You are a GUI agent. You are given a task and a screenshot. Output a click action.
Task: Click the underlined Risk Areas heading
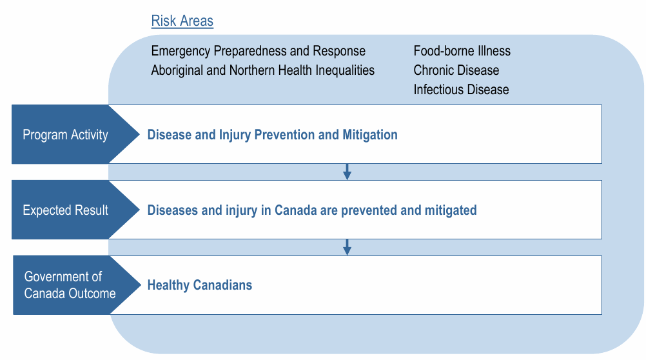point(182,21)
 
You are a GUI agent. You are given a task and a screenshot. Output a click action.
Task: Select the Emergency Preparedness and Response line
point(259,51)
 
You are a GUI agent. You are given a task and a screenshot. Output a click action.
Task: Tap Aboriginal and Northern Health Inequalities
point(263,70)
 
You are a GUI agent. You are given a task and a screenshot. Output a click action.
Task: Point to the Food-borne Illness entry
point(462,51)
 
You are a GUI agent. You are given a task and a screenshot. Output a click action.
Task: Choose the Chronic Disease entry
point(456,70)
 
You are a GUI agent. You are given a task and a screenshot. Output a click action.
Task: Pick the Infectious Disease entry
point(461,90)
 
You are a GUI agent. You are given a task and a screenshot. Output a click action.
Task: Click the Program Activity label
point(65,135)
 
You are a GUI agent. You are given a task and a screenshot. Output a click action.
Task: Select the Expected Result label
point(65,210)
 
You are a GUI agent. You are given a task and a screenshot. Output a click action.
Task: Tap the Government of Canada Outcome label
point(70,285)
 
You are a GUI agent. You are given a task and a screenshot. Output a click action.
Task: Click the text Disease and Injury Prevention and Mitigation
point(272,135)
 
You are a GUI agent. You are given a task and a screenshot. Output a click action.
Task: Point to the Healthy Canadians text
point(200,285)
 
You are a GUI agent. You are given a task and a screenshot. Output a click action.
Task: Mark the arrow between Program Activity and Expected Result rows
point(347,172)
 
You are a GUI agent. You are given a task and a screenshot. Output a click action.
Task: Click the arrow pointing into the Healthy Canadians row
point(347,248)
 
